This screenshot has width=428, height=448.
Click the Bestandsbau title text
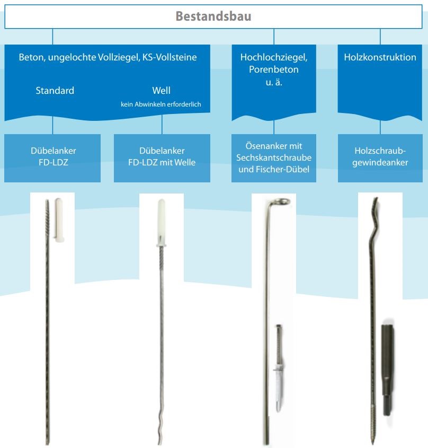pyautogui.click(x=213, y=16)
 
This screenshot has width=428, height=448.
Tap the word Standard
pyautogui.click(x=55, y=91)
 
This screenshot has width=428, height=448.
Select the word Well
pyautogui.click(x=162, y=91)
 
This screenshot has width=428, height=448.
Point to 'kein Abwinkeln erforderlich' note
pyautogui.click(x=160, y=104)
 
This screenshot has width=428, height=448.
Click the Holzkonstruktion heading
pyautogui.click(x=380, y=57)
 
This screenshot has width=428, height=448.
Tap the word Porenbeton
pyautogui.click(x=274, y=69)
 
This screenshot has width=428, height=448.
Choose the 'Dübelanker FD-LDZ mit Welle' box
pyautogui.click(x=162, y=158)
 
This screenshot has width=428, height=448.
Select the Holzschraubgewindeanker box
pyautogui.click(x=380, y=158)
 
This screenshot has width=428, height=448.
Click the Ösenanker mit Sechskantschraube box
pyautogui.click(x=274, y=158)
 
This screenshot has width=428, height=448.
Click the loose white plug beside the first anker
pyautogui.click(x=59, y=220)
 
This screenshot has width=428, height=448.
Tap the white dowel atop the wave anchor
pyautogui.click(x=162, y=223)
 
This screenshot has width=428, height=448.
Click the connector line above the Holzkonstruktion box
pyautogui.click(x=380, y=37)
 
